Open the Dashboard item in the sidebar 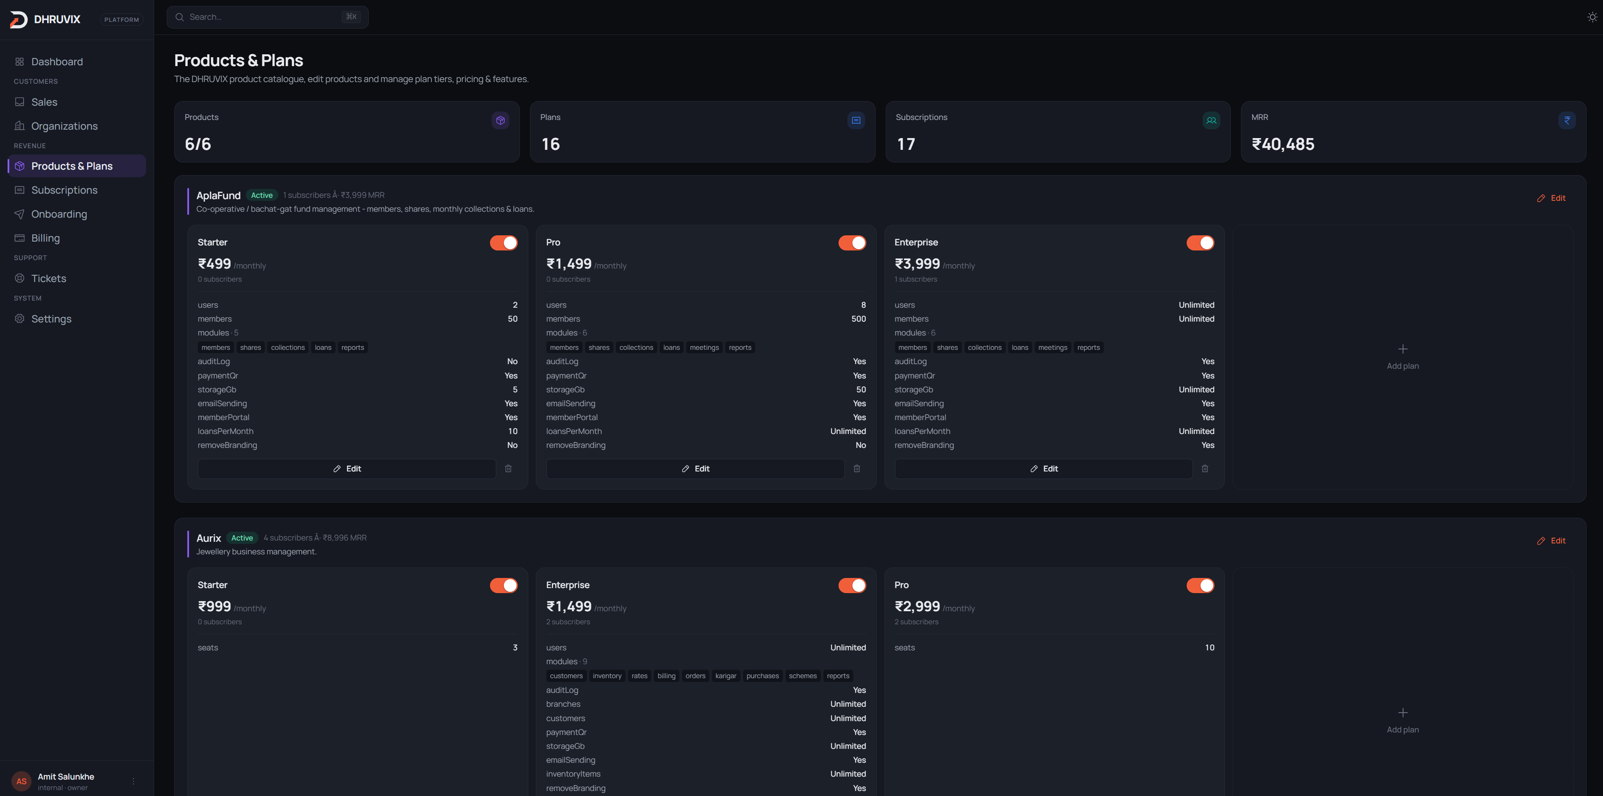(x=57, y=61)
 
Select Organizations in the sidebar (x=64, y=126)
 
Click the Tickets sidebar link (x=48, y=278)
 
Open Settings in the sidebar (x=51, y=319)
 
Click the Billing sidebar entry (x=45, y=238)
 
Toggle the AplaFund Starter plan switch (x=503, y=243)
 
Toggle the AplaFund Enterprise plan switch (x=1201, y=243)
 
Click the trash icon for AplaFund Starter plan (x=509, y=469)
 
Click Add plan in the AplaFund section (x=1403, y=357)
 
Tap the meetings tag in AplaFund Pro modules (x=704, y=347)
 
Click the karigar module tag (x=726, y=676)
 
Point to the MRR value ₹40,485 (x=1283, y=144)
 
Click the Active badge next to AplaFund (x=261, y=195)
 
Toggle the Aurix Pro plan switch (x=1201, y=586)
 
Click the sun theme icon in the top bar (x=1592, y=17)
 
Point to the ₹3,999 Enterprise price (x=917, y=264)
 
